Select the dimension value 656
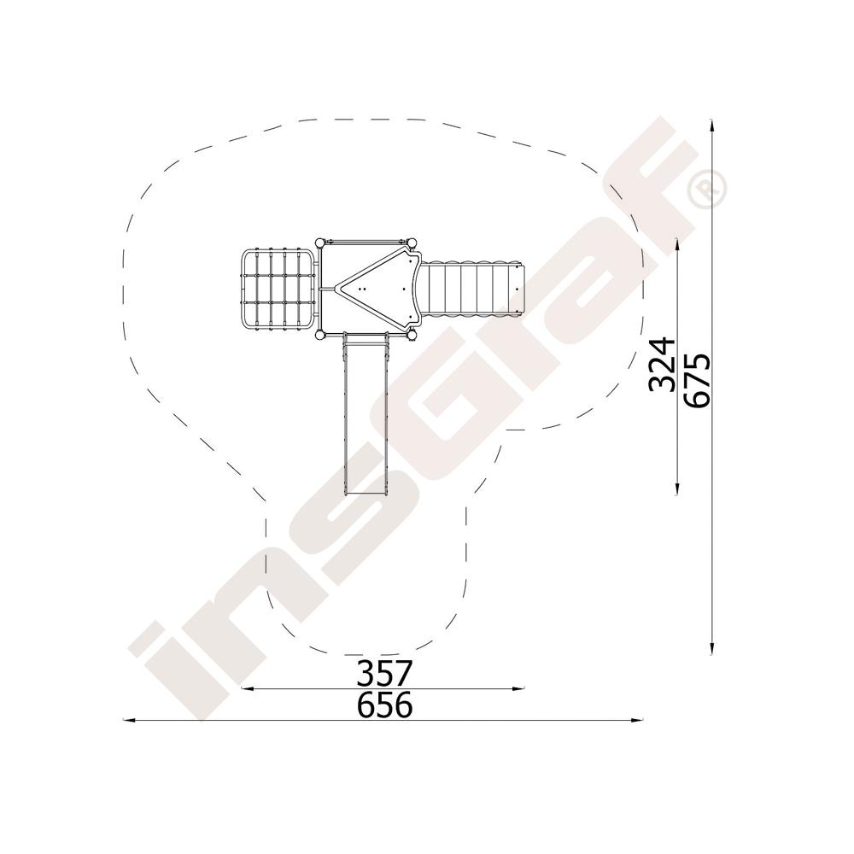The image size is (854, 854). (384, 705)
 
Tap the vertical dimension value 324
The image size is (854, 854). (663, 364)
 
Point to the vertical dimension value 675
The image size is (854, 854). (698, 380)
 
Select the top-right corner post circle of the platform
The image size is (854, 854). (412, 243)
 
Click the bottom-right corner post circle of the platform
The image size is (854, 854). (412, 335)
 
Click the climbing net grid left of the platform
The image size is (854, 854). (278, 290)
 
